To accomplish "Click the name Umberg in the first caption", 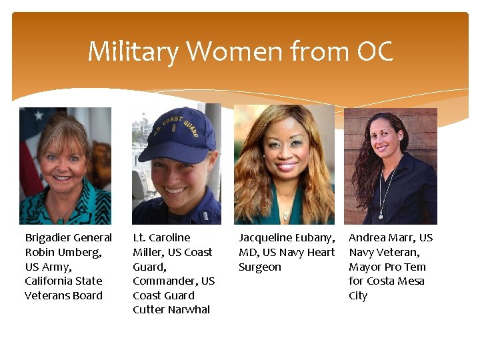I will (79, 252).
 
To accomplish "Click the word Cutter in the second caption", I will (149, 309).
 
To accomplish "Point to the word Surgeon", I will (260, 267).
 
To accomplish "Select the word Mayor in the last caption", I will (365, 267).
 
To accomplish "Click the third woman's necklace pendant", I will (285, 215).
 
